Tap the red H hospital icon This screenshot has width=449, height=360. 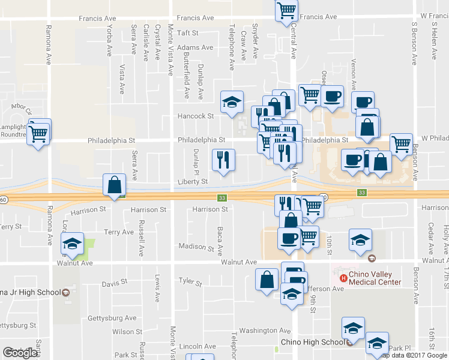343,278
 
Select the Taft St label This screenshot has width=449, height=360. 187,32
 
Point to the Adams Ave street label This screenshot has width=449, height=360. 195,47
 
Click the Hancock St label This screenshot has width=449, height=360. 195,116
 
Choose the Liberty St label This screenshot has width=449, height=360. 193,181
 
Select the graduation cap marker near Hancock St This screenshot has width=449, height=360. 232,102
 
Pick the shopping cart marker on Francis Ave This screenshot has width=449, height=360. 286,10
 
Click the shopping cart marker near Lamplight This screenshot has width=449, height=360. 39,134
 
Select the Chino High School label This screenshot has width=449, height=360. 313,343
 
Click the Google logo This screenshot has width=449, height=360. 20,353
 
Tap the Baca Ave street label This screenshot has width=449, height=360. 220,239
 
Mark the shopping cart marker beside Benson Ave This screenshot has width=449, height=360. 401,144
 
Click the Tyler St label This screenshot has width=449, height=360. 190,281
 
